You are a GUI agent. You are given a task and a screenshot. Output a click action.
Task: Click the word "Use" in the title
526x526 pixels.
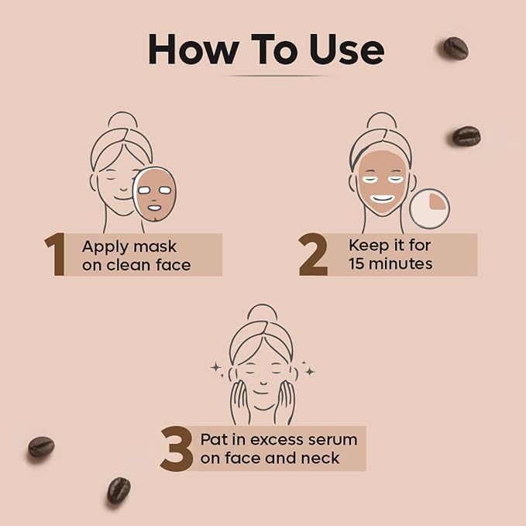click(347, 50)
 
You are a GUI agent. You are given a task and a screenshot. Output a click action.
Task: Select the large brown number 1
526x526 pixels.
click(55, 254)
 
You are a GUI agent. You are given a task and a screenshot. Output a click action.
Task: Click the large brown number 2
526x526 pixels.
click(313, 254)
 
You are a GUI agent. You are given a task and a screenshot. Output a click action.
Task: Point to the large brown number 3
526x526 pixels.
click(177, 449)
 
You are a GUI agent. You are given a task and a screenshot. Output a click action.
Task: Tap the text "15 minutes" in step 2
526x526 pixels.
click(390, 263)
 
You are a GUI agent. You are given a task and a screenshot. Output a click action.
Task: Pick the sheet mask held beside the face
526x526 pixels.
click(155, 194)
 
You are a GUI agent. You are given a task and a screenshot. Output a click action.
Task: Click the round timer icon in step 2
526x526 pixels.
click(429, 208)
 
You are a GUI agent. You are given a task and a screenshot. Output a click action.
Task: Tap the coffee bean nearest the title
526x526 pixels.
click(456, 48)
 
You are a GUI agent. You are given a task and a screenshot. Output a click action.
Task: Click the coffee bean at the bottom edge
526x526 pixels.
click(119, 490)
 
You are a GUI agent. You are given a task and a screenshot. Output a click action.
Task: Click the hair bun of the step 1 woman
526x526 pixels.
click(122, 120)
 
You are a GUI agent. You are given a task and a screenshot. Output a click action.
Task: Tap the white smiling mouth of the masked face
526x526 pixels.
click(382, 199)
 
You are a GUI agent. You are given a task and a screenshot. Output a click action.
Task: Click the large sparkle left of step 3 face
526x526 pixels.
click(215, 367)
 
